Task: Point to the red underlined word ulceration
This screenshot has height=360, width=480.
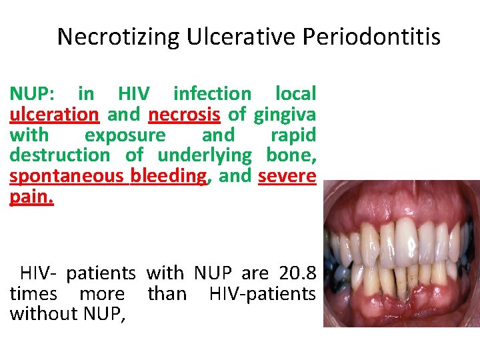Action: click(x=54, y=115)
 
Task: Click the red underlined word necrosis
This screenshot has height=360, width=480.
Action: click(x=184, y=115)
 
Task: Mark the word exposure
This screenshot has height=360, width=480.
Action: click(x=125, y=135)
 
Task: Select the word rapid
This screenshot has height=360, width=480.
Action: click(x=293, y=135)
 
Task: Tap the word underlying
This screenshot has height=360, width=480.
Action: click(x=205, y=156)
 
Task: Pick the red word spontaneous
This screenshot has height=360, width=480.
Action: click(x=67, y=177)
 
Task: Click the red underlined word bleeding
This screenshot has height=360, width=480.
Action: click(x=169, y=177)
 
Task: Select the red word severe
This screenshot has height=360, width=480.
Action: click(x=287, y=177)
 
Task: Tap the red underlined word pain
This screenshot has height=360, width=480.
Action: click(x=31, y=197)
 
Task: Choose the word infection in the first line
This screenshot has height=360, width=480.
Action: click(x=212, y=94)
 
